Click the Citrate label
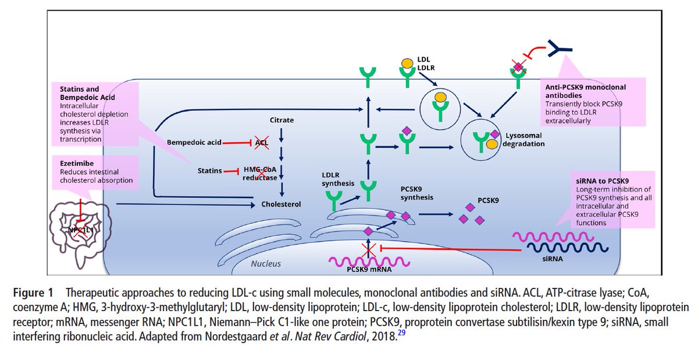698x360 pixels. (282, 120)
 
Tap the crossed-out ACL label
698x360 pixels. (261, 142)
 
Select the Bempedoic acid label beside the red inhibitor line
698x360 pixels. (194, 142)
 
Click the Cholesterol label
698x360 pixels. (281, 204)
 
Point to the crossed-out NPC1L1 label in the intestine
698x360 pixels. (80, 230)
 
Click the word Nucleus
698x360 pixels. (266, 263)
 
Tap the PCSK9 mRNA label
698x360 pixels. (369, 269)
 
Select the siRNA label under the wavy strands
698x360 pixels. (553, 259)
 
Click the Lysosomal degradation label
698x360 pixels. (523, 140)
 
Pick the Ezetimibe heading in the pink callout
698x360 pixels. (77, 163)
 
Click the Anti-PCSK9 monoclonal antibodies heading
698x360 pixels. (586, 91)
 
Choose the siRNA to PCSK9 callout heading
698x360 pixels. (603, 181)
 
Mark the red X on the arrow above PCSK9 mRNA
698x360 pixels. (368, 250)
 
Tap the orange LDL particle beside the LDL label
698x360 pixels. (407, 63)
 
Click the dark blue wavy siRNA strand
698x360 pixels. (568, 248)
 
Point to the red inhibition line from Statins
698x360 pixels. (230, 171)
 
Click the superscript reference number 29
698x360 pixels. (401, 333)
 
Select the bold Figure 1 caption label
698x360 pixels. (33, 293)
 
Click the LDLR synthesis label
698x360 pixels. (338, 179)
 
